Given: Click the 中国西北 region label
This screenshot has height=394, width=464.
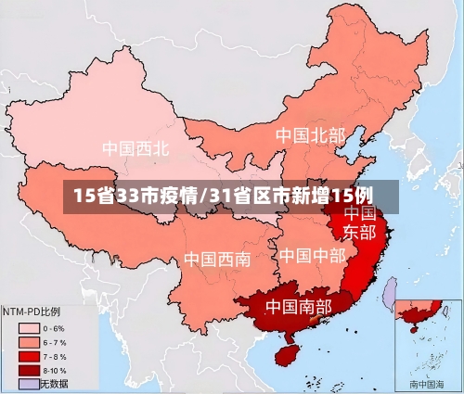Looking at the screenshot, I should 135,147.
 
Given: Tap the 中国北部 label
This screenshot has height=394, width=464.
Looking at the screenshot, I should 310,135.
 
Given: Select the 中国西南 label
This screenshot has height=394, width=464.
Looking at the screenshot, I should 216,259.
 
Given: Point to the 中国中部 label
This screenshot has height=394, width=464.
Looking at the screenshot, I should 312,255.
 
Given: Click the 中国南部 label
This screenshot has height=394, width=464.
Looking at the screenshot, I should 299,305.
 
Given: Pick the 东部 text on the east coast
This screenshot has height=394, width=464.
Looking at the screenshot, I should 360,231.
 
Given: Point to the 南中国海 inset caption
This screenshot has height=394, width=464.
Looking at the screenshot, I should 426,384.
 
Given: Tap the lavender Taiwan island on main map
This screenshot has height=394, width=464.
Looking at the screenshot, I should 390,291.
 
